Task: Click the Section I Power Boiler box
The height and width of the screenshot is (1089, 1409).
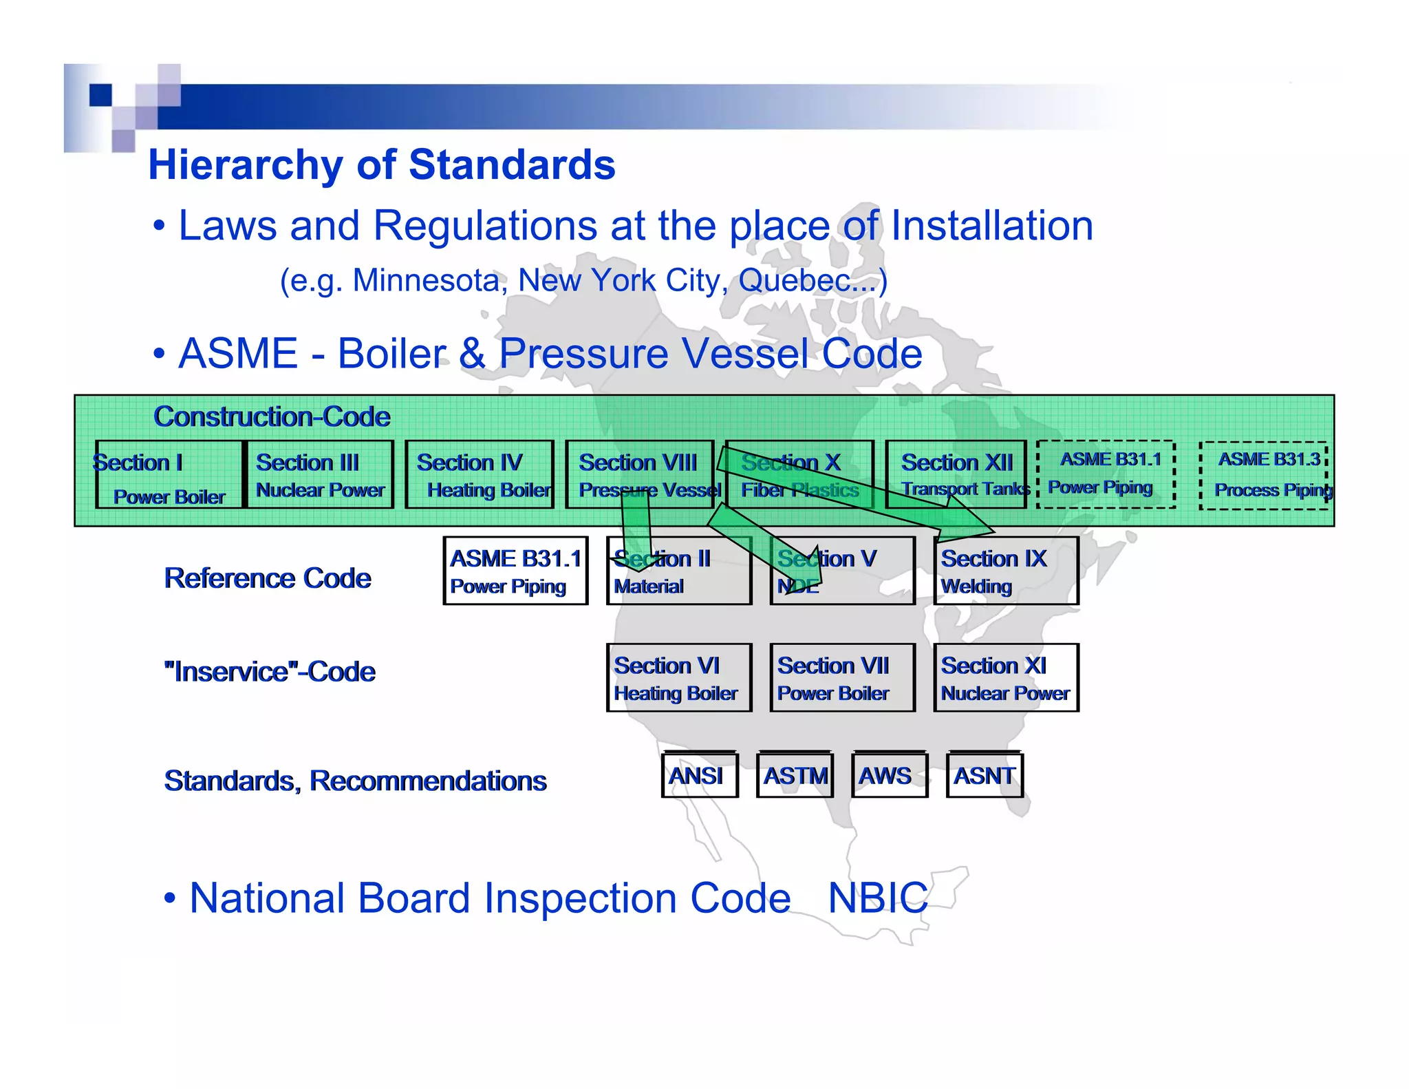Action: tap(169, 475)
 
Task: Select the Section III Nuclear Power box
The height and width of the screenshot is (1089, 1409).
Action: tap(320, 475)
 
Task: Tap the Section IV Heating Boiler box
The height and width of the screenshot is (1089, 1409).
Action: tap(480, 475)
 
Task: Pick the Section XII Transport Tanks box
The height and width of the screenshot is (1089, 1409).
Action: tap(956, 475)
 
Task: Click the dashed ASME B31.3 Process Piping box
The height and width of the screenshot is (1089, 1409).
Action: tap(1264, 476)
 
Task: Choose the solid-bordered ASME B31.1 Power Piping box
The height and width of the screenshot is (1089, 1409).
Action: tap(515, 571)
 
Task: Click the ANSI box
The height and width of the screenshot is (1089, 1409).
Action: tap(699, 776)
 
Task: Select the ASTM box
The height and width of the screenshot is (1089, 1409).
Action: tap(795, 776)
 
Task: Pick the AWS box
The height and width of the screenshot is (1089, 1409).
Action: tap(889, 776)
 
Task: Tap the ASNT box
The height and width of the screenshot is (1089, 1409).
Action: tap(985, 776)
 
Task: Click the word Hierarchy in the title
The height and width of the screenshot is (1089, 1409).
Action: tap(245, 165)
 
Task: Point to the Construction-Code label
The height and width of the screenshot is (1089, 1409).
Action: tap(272, 416)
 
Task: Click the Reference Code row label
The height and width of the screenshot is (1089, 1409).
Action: tap(267, 578)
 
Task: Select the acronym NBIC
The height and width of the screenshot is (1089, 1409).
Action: tap(877, 898)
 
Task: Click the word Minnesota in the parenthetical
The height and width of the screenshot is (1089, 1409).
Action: tap(427, 281)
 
